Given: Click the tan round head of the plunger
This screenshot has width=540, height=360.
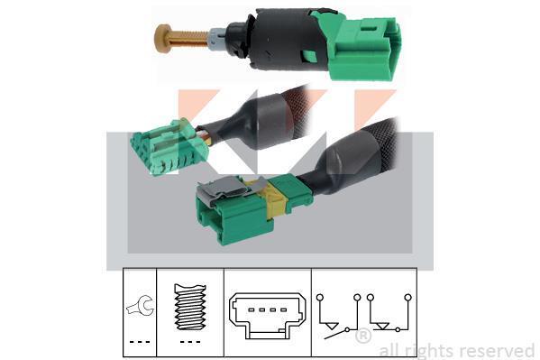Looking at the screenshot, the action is click(163, 38).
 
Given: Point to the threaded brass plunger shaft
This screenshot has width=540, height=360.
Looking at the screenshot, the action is click(188, 39).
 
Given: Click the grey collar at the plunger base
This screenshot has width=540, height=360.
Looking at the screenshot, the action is click(216, 38).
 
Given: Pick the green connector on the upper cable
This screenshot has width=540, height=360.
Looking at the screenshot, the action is click(169, 146).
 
